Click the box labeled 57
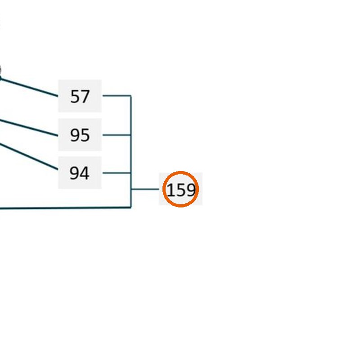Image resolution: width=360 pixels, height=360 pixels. [x=80, y=96]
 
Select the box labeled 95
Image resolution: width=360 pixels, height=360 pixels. [x=80, y=135]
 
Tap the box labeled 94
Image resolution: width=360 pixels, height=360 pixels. [x=80, y=173]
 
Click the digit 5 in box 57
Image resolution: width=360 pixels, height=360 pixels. [x=75, y=96]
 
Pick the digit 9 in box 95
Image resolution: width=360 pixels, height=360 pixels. [x=75, y=135]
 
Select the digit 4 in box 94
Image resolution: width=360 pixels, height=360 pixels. [x=85, y=173]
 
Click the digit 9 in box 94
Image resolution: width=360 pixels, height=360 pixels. [x=74, y=173]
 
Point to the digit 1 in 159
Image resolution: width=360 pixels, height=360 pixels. [x=171, y=190]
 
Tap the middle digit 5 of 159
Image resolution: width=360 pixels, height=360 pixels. [x=180, y=190]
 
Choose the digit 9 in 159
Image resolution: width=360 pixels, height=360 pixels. [x=191, y=190]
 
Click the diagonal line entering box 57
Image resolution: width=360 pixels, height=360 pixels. [x=29, y=87]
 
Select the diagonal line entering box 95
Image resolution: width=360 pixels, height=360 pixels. [x=29, y=127]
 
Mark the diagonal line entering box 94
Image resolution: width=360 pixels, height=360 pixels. [x=29, y=157]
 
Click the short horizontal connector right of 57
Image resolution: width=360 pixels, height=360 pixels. [x=117, y=95]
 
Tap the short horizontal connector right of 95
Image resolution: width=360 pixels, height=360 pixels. [x=117, y=135]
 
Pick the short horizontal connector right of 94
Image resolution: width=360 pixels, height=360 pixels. [x=117, y=173]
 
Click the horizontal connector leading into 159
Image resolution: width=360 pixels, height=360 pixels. [x=145, y=189]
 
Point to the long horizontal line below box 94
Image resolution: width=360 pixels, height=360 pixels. [x=65, y=208]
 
